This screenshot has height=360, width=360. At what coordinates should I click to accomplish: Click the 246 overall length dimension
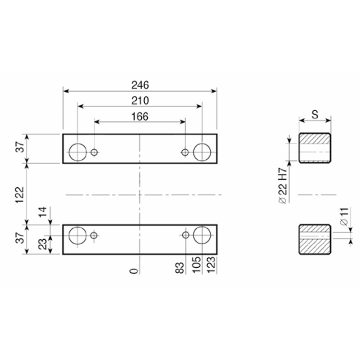point(140,85)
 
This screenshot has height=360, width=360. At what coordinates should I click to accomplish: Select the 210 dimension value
point(140,101)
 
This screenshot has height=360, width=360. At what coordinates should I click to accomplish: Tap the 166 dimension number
point(140,117)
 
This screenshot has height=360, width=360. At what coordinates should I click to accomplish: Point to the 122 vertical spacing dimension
point(20,195)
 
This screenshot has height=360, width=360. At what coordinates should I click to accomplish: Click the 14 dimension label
point(43,212)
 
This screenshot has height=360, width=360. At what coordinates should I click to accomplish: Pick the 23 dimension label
point(43,244)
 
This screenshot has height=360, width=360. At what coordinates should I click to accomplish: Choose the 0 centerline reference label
point(134,271)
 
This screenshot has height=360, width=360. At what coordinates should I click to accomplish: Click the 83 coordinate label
point(180,268)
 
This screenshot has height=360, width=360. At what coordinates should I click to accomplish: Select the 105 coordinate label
point(197,265)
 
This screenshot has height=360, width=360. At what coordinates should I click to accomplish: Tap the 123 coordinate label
point(211,265)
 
